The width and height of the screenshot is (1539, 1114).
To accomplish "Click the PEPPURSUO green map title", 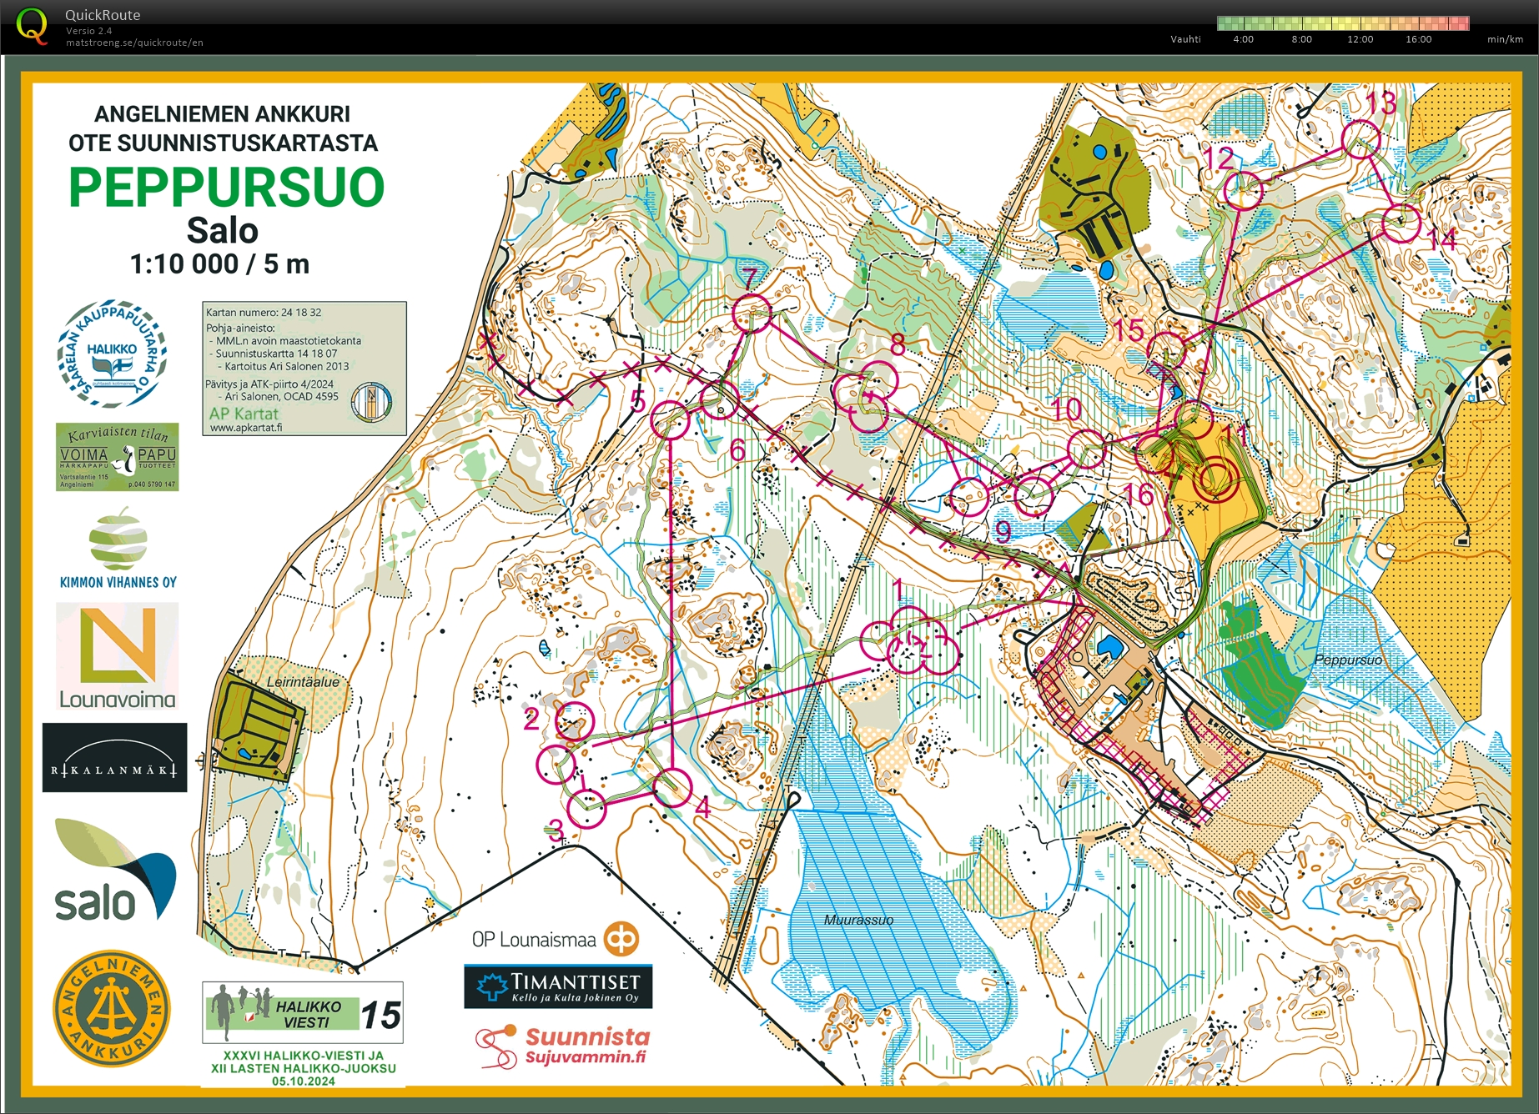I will [x=226, y=187].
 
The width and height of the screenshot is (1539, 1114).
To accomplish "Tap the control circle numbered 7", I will [x=751, y=313].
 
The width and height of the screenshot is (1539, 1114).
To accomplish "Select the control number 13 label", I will [x=1381, y=103].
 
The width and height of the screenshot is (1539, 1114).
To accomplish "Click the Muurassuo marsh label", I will [x=858, y=920].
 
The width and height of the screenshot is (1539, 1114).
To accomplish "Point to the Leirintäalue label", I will [x=303, y=681].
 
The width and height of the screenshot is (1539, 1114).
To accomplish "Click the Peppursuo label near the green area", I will [x=1347, y=660].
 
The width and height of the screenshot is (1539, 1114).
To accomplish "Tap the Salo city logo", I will [x=115, y=872].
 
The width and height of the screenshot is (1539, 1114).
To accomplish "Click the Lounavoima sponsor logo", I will [x=118, y=656].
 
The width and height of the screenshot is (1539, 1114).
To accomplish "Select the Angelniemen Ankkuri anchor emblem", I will [x=111, y=1008].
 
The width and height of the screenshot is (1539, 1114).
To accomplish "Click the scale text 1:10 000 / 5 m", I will [x=219, y=264].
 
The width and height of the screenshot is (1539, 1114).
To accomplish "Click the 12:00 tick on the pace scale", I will [x=1360, y=39].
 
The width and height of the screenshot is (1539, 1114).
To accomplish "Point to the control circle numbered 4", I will [x=672, y=787].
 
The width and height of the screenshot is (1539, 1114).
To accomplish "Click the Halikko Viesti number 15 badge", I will [x=381, y=1015].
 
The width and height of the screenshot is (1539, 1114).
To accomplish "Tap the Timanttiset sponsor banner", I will [x=558, y=986].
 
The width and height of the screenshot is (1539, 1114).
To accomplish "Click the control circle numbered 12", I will [x=1243, y=190].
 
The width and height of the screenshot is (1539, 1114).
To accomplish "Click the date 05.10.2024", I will [x=303, y=1081].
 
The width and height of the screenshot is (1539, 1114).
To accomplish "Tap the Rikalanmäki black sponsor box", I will [x=115, y=757].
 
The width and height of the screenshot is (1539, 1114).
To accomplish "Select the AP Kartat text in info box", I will [x=244, y=414].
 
